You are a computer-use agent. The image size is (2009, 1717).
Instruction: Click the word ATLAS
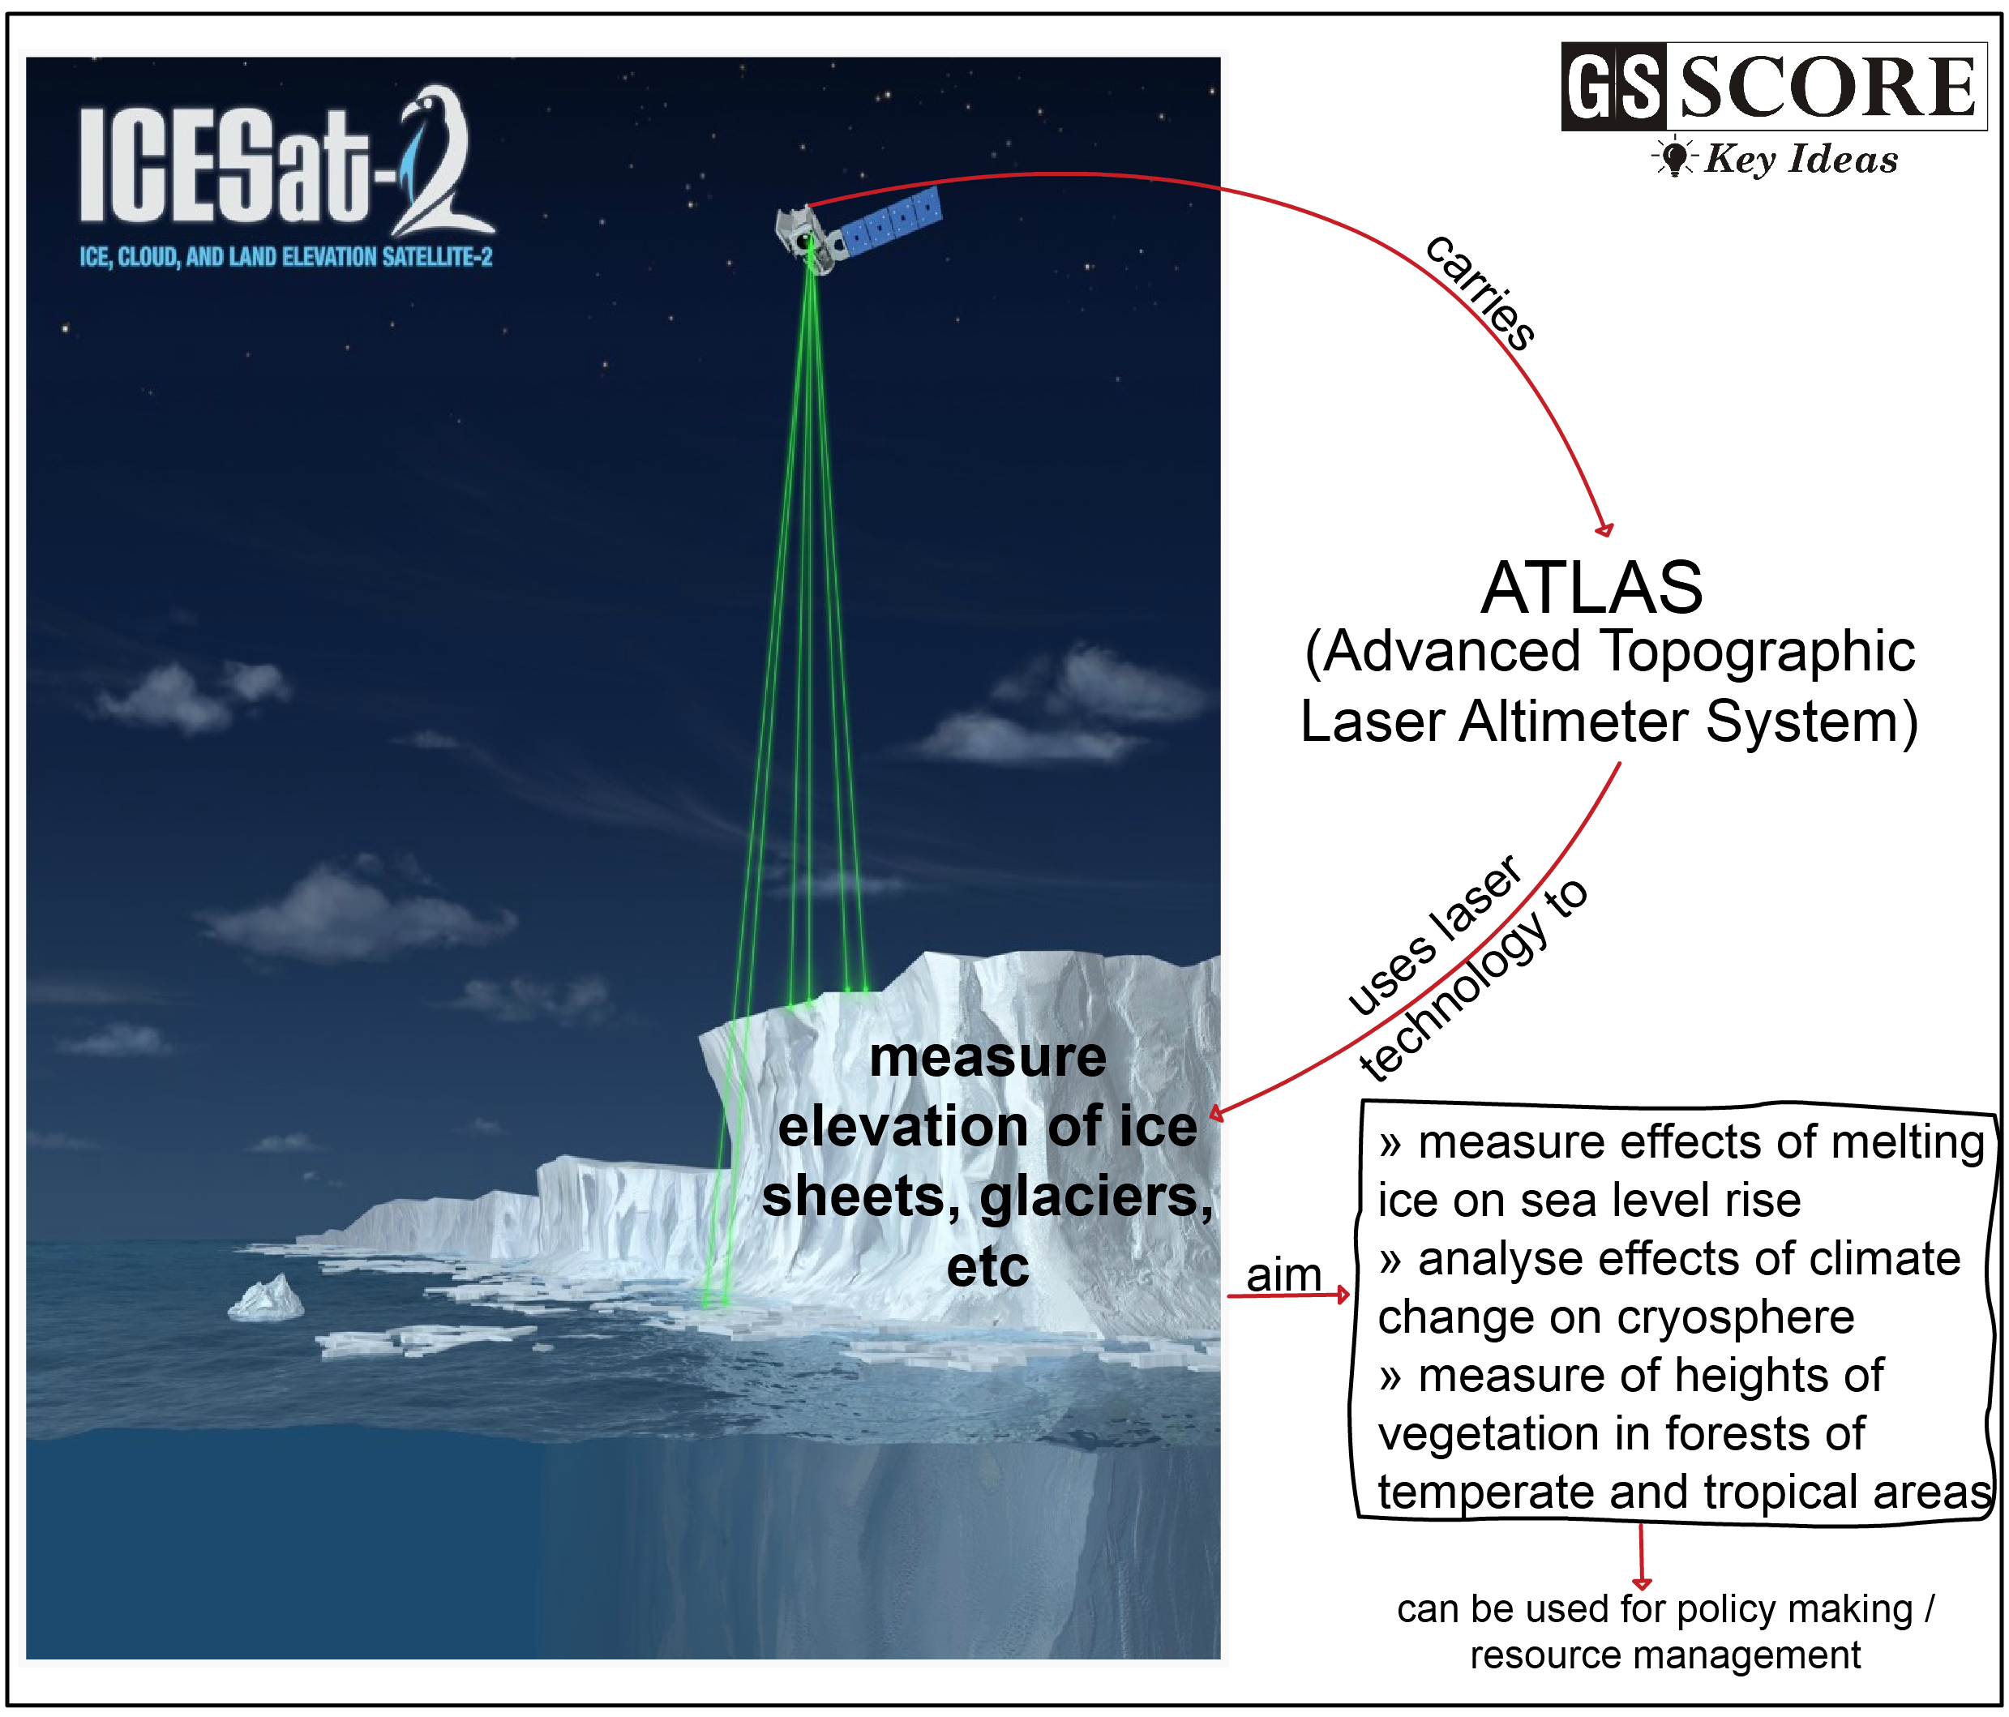pos(1591,588)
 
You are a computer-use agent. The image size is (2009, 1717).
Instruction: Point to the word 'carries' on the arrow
pos(1480,291)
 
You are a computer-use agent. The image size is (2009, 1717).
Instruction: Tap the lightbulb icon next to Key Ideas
pos(1673,156)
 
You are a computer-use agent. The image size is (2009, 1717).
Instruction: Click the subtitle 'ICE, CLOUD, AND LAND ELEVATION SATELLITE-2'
pos(286,257)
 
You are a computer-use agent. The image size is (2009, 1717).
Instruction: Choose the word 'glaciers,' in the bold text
pos(1095,1197)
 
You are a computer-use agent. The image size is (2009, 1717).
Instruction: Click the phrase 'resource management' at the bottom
pos(1664,1655)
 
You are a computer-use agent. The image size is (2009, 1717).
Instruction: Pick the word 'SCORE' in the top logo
pos(1827,88)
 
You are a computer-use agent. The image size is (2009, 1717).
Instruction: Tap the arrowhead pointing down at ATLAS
pos(1605,529)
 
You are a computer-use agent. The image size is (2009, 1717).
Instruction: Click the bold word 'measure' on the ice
pos(987,1057)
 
